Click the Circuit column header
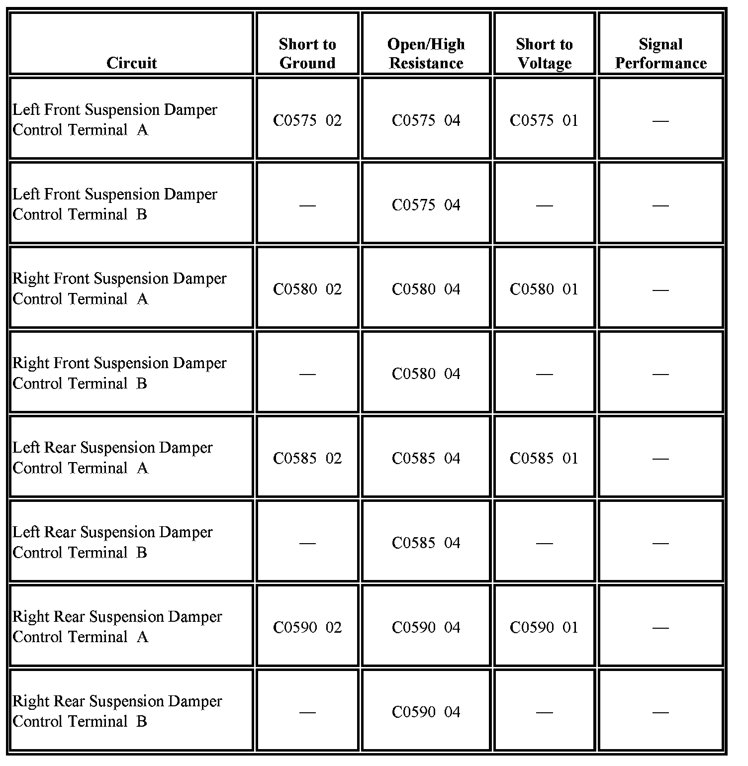click(131, 63)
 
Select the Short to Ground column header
click(307, 54)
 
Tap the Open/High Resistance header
click(426, 54)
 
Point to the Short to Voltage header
click(545, 54)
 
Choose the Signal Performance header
click(660, 54)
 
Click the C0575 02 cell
click(307, 120)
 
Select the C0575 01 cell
click(544, 120)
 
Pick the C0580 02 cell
click(307, 289)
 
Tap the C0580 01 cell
click(544, 289)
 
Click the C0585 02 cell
click(307, 459)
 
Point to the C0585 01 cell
click(544, 459)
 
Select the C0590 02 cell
click(307, 628)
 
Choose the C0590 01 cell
click(544, 628)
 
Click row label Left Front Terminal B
click(115, 204)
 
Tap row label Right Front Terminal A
click(119, 289)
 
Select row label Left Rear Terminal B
click(112, 543)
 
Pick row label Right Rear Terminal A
click(117, 627)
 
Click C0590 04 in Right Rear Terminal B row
click(426, 712)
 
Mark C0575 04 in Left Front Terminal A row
click(426, 120)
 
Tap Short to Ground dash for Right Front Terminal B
click(307, 374)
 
